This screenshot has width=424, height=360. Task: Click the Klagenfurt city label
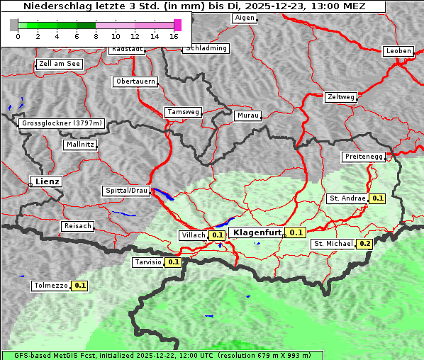255,232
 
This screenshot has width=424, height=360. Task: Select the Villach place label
194,235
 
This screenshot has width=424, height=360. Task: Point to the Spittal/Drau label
126,191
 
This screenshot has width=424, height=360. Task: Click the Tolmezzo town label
51,286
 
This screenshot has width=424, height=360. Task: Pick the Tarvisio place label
148,262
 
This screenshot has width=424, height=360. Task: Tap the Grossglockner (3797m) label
62,123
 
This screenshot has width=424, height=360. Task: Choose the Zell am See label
60,64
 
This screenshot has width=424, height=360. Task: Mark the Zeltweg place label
340,96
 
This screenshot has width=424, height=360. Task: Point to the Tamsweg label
183,112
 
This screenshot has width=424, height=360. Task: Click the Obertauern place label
135,81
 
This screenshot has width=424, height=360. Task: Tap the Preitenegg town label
364,156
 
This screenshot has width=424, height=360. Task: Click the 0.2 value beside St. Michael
364,244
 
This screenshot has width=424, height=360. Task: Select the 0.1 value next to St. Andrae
377,198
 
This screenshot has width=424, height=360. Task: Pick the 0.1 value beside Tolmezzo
79,286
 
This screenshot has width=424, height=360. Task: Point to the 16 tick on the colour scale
174,35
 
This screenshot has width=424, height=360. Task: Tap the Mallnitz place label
79,144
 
